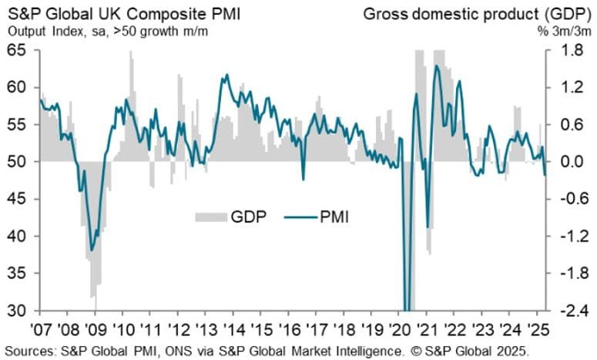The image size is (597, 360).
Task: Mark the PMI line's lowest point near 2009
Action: pos(92,250)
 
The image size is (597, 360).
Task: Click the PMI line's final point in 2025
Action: pos(545,175)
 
